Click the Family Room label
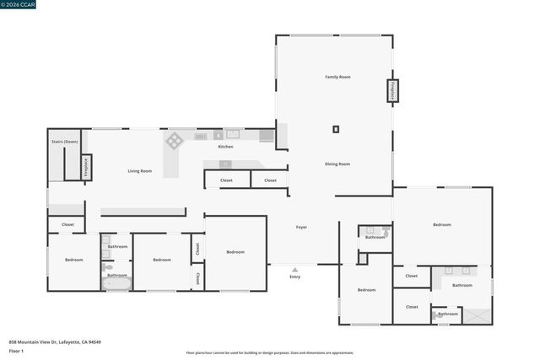pyautogui.click(x=337, y=77)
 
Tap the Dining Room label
pyautogui.click(x=337, y=164)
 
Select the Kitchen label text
pyautogui.click(x=225, y=147)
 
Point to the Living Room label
pyautogui.click(x=140, y=171)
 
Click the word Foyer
pyautogui.click(x=301, y=227)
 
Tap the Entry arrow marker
pyautogui.click(x=294, y=270)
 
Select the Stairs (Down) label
pyautogui.click(x=64, y=142)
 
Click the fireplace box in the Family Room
pyautogui.click(x=392, y=91)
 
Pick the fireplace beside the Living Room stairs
pyautogui.click(x=85, y=167)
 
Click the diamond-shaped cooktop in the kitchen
pyautogui.click(x=175, y=140)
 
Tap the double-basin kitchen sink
pyautogui.click(x=232, y=134)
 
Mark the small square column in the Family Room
pyautogui.click(x=336, y=129)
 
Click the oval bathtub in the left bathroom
pyautogui.click(x=117, y=284)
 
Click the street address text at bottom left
pyautogui.click(x=55, y=341)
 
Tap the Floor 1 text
pyautogui.click(x=16, y=350)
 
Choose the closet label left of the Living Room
pyautogui.click(x=67, y=224)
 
